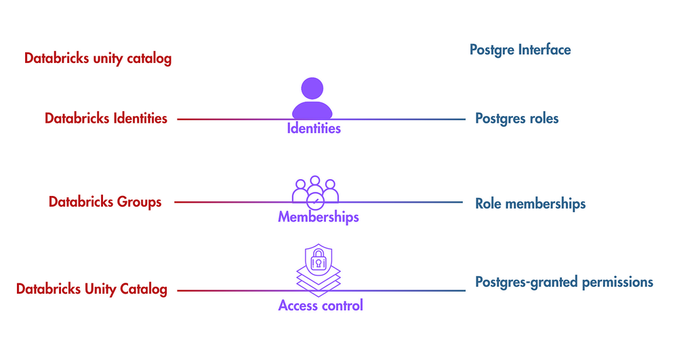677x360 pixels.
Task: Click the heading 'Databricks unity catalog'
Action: [x=98, y=58]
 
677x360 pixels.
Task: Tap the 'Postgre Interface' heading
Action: [x=520, y=49]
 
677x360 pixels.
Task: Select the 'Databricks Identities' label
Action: [x=106, y=119]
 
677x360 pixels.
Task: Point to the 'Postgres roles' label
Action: [x=517, y=119]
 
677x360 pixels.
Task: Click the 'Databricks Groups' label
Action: [x=105, y=202]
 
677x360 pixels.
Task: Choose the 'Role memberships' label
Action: [x=530, y=203]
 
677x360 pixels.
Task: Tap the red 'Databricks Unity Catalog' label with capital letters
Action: [x=91, y=289]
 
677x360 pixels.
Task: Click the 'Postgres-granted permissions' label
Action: [x=564, y=282]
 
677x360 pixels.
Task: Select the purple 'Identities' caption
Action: [x=314, y=128]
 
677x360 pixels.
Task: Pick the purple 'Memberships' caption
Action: [x=318, y=218]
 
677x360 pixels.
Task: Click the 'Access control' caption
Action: [x=321, y=306]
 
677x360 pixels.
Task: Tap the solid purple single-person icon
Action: [x=312, y=99]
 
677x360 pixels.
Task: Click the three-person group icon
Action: [x=315, y=189]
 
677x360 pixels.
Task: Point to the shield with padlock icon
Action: [x=318, y=258]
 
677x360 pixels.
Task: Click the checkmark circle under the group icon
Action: [x=315, y=202]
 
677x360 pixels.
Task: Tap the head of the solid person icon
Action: [x=312, y=88]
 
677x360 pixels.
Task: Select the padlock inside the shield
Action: [x=318, y=259]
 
